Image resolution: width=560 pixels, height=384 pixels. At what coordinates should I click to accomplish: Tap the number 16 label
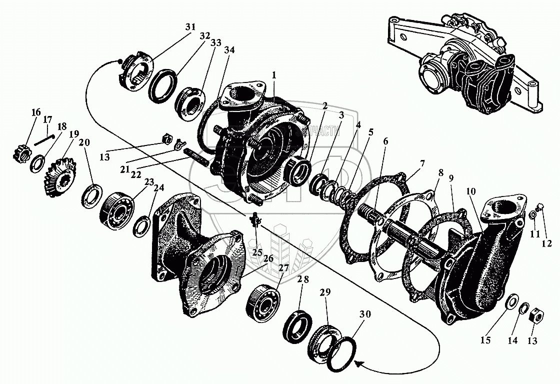click(x=36, y=112)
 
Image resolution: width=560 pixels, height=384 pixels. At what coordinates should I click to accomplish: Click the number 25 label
click(x=257, y=252)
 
